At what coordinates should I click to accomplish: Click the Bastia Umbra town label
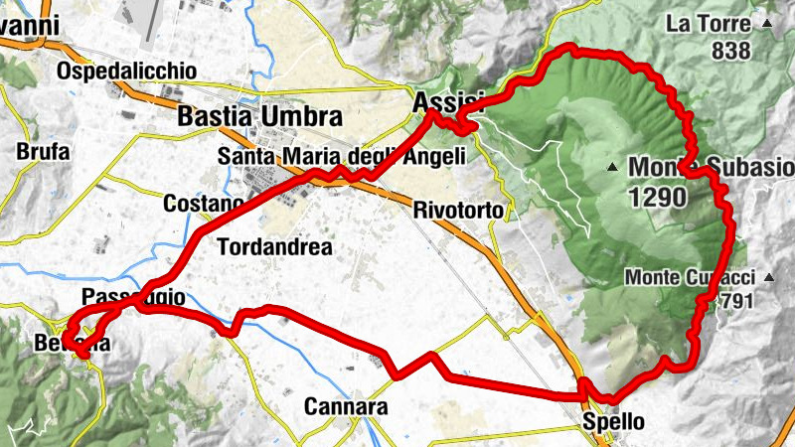coord(258,115)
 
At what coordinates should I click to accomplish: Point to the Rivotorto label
coord(459,211)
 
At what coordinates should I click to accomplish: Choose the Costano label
coord(203,204)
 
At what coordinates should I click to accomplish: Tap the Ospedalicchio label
coord(127,72)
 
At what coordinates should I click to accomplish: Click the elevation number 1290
coord(657,198)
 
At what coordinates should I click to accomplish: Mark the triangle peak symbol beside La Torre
coord(766,23)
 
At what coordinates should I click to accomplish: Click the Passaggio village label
coord(133,296)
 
